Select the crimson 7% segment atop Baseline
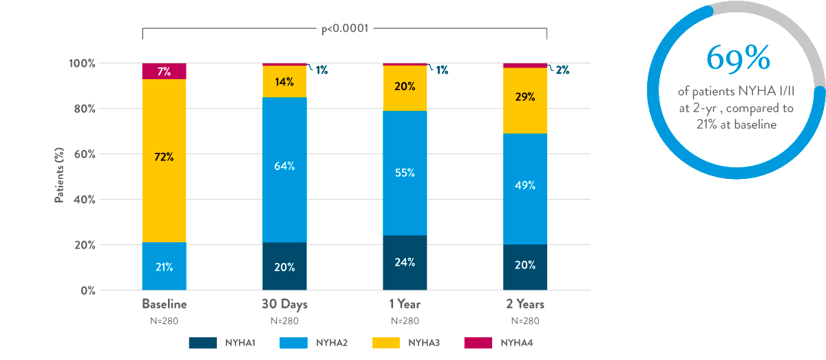164,71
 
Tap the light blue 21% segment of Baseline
164,266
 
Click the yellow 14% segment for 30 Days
284,82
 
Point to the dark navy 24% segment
405,262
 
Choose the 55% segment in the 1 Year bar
405,173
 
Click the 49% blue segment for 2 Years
525,185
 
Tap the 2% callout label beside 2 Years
562,70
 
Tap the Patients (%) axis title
60,176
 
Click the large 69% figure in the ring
737,60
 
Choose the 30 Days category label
284,304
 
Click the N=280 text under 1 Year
405,321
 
